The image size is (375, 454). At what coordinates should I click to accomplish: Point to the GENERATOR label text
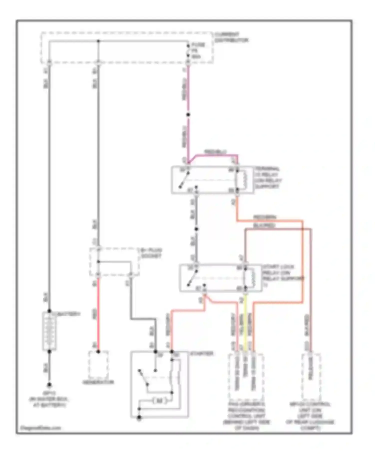click(98, 382)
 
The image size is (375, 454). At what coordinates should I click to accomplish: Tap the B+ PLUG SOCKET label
click(151, 253)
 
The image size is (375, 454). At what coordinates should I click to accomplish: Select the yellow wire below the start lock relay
click(245, 323)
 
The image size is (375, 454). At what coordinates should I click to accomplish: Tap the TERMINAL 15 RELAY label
click(268, 178)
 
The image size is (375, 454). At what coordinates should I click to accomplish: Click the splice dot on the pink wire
click(188, 115)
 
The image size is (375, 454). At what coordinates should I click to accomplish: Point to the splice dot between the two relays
click(196, 229)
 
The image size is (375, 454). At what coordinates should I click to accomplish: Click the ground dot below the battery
click(49, 385)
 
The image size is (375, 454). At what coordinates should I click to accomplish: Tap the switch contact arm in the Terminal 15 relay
click(184, 180)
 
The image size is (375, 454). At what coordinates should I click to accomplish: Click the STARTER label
click(201, 353)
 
